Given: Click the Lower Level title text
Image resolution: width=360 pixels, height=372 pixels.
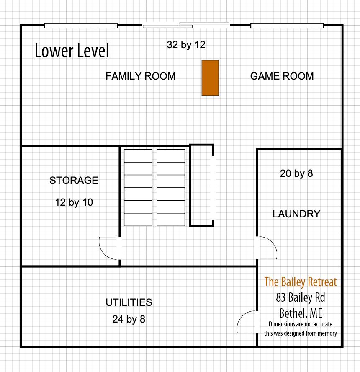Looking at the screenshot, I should point(72,51).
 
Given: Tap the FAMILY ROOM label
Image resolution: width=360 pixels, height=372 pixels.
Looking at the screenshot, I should point(140,76).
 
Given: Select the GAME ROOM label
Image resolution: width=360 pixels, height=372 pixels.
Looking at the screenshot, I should point(282,76).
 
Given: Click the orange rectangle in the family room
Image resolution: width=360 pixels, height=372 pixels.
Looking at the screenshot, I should point(210,78).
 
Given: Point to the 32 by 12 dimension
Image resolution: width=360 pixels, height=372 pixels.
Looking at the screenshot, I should point(186,45).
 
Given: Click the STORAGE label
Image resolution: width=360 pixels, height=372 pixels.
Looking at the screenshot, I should point(74,181).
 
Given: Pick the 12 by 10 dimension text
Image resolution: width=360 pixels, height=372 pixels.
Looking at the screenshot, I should point(74,202).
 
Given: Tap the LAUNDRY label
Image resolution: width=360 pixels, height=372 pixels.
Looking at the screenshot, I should point(296,214).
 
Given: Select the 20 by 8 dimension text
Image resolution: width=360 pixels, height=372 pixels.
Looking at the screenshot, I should point(296,173).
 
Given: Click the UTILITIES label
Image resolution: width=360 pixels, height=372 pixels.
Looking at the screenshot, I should point(129,302).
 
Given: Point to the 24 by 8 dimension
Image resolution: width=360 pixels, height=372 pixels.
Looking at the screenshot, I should point(129,319).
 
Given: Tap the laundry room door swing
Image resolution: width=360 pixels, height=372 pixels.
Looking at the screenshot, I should point(267,247).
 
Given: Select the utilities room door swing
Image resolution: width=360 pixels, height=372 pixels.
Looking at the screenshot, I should point(247,323).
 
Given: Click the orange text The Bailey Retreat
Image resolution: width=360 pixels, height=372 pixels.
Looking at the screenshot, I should point(300,282).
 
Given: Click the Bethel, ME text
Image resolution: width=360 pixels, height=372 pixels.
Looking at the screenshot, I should point(300,313).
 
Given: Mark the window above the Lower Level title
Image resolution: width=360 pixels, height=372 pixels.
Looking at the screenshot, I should point(81,26).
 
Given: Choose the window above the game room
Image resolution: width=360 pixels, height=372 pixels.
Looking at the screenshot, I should point(287,26).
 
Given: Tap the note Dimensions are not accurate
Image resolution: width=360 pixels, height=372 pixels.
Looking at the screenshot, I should point(300,324).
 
